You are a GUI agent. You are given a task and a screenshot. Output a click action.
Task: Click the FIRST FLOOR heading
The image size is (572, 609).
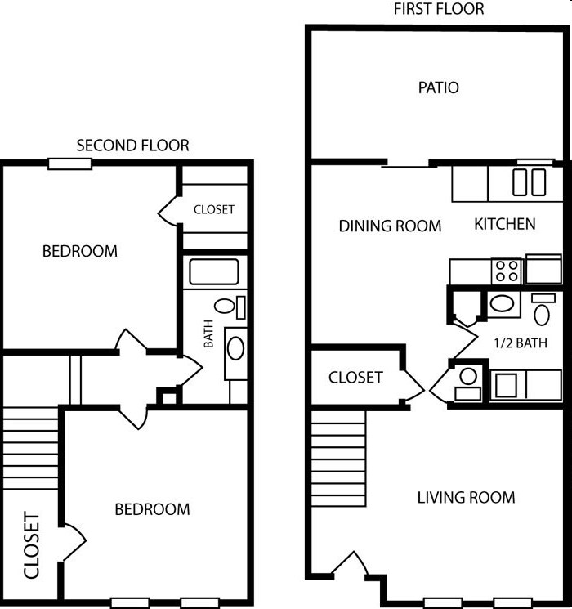[x=439, y=10]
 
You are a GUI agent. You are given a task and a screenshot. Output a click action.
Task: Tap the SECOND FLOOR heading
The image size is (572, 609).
[x=132, y=146]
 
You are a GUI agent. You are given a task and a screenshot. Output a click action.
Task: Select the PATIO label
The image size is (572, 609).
[x=438, y=87]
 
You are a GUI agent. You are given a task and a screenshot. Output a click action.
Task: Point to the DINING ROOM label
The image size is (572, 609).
[x=390, y=226]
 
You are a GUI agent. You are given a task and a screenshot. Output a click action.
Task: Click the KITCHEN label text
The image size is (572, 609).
[x=505, y=224]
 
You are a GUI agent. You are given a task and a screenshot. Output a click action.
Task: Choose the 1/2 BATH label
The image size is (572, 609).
[x=520, y=343]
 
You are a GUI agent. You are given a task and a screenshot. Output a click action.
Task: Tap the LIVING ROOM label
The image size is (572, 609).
[x=466, y=497]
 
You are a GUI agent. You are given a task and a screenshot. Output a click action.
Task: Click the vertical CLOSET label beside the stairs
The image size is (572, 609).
[x=31, y=545]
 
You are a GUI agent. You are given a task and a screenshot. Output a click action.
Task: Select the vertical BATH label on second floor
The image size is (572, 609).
[x=208, y=334]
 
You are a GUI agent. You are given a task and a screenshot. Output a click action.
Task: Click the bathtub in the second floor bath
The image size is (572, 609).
[x=213, y=271]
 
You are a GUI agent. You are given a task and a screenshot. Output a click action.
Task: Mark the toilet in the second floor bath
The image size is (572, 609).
[x=227, y=307]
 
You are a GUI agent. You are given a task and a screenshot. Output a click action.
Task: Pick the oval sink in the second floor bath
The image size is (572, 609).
[x=235, y=349]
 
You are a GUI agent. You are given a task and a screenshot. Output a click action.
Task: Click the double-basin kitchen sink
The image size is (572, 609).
[x=529, y=182]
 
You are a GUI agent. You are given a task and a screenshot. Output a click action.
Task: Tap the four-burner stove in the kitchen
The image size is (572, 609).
[x=507, y=271]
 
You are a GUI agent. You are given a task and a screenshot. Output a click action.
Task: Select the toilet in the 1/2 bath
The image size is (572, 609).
[x=542, y=311]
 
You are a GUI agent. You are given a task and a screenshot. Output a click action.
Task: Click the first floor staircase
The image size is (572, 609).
[x=338, y=458]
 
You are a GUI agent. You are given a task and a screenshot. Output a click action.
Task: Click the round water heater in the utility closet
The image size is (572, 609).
[x=468, y=378]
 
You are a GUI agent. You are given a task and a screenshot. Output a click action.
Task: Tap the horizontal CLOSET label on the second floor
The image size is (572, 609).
[x=213, y=209]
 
